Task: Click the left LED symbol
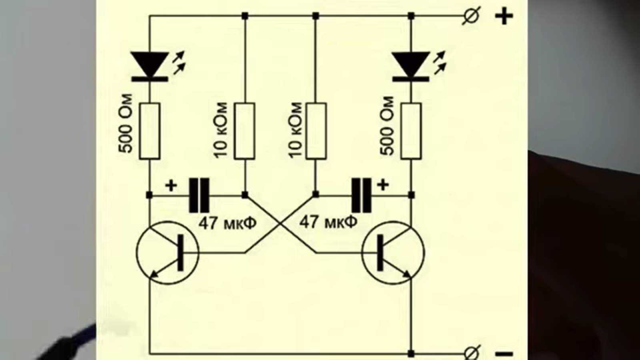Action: pos(150,66)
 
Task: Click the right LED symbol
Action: pos(411,66)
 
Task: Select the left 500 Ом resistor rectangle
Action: pos(150,131)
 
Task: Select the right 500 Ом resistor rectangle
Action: pos(411,131)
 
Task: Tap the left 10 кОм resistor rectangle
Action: pos(244,131)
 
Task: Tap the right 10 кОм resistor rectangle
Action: pos(316,131)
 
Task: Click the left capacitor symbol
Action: pos(199,195)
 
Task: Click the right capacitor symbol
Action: pos(361,195)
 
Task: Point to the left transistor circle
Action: pos(168,253)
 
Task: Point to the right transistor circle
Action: pos(393,253)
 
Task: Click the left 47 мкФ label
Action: pos(227,223)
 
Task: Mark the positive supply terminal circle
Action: pos(471,16)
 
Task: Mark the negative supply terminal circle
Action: pos(471,354)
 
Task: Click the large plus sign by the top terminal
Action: pos(504,17)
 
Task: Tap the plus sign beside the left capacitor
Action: pos(171,186)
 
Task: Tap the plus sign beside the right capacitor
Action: pos(383,185)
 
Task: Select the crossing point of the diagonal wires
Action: pos(280,224)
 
